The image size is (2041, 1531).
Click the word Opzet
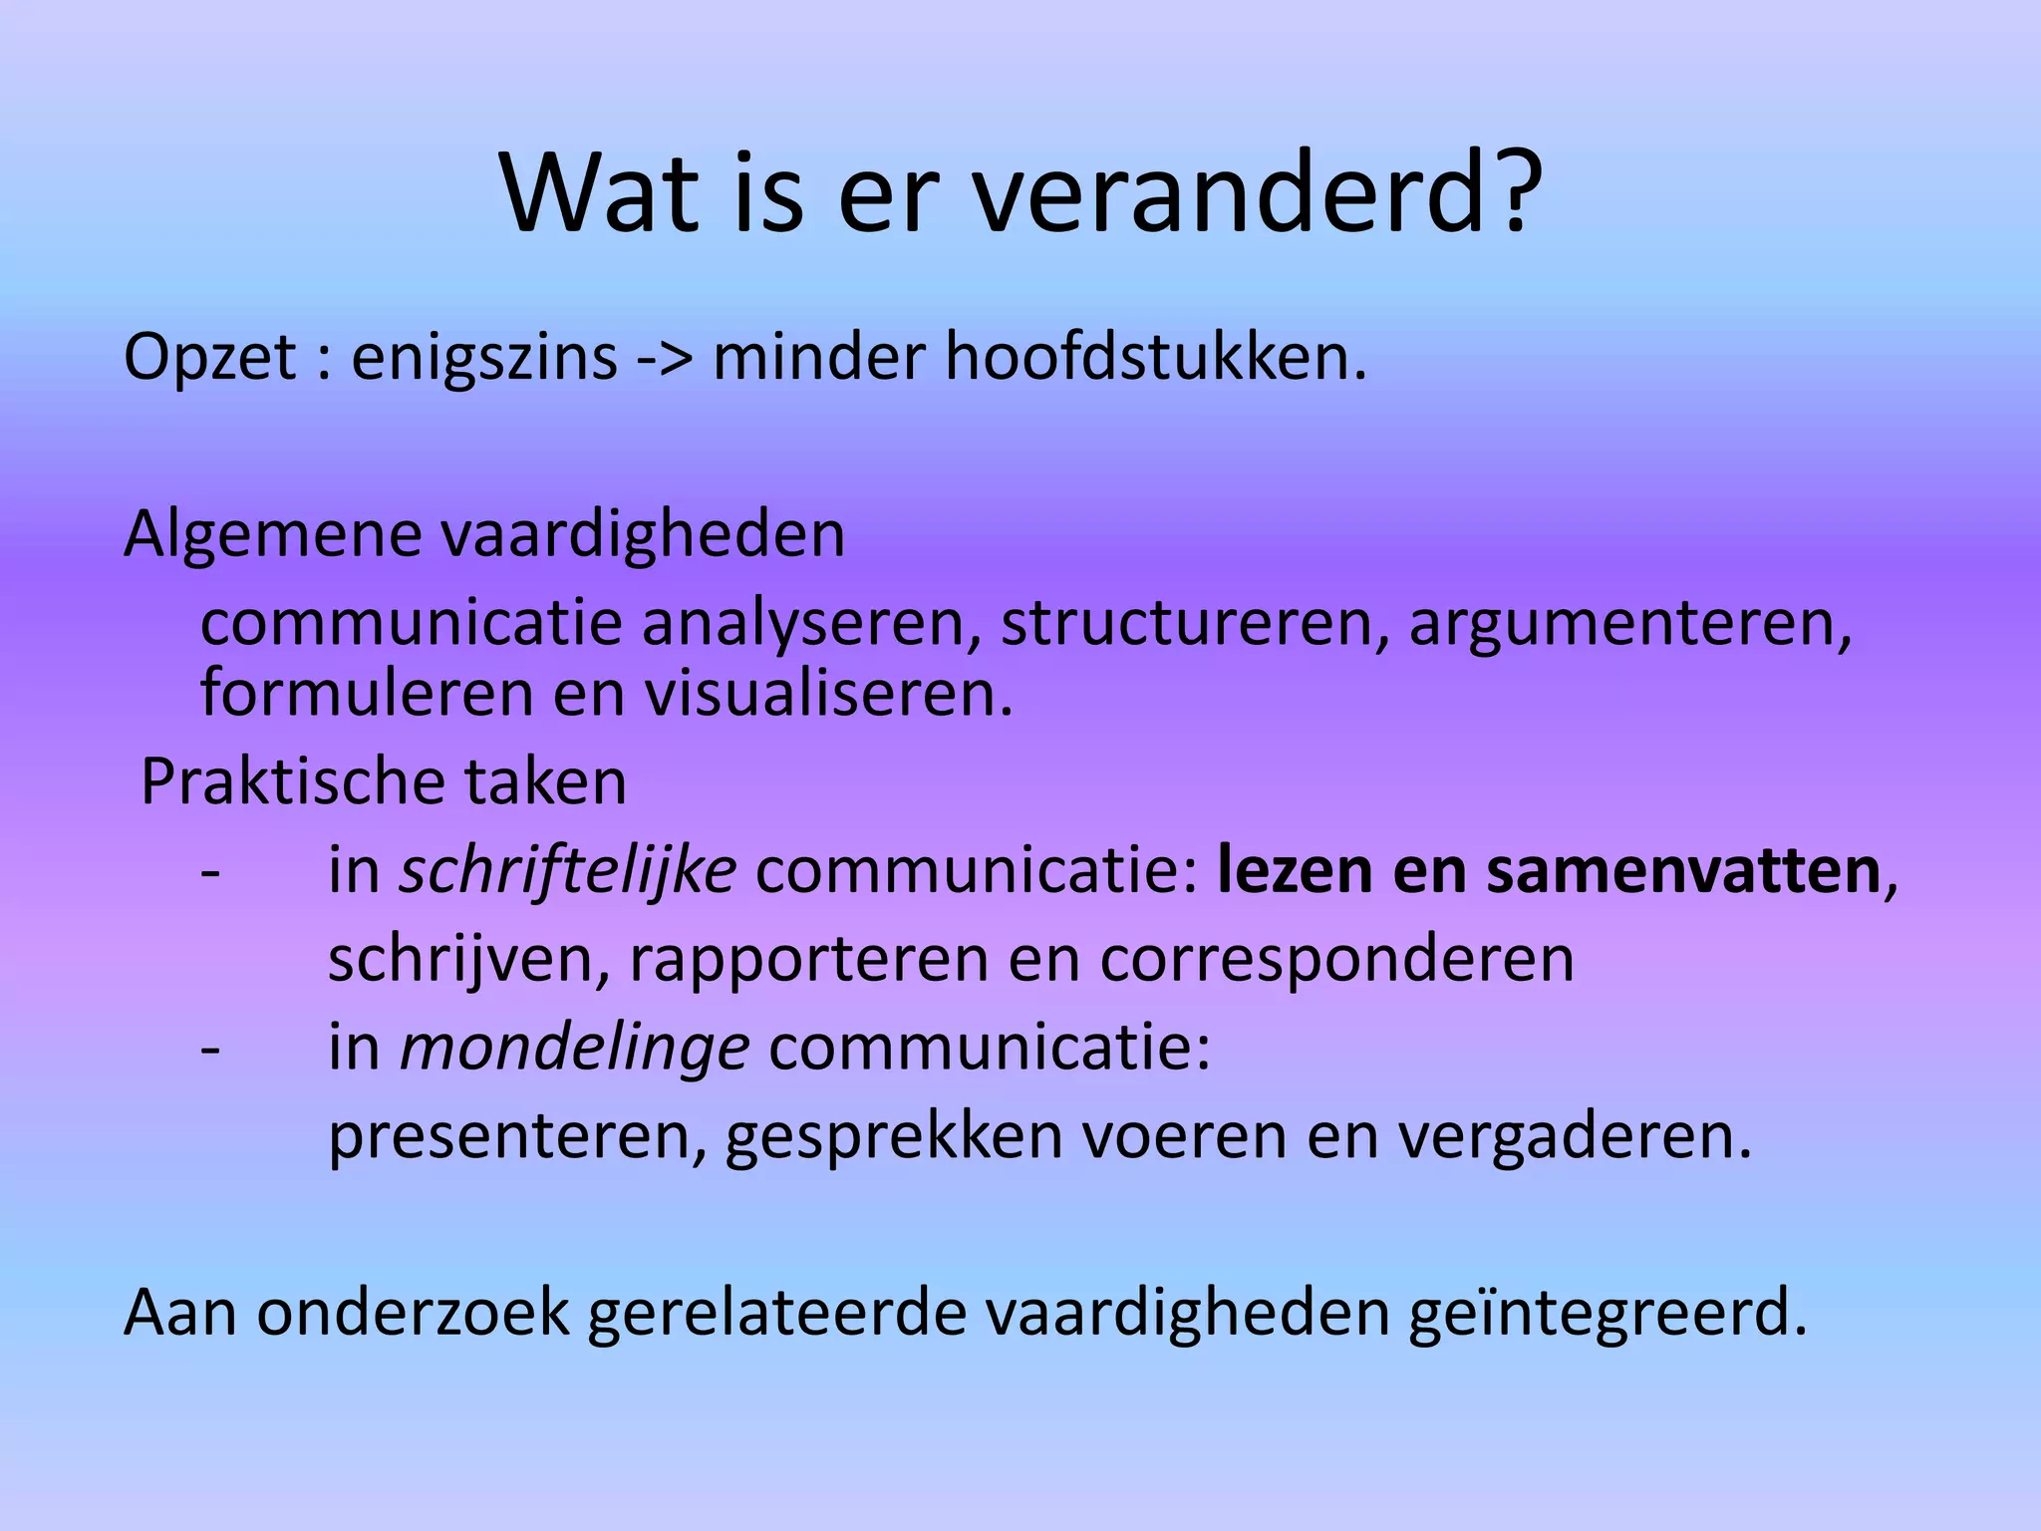coord(209,357)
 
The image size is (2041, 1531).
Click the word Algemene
coord(273,535)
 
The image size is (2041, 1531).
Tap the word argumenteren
coord(1629,626)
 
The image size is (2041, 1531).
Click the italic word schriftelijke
coord(568,871)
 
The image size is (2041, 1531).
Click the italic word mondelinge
coord(574,1049)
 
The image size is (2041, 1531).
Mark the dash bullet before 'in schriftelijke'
coord(210,872)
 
